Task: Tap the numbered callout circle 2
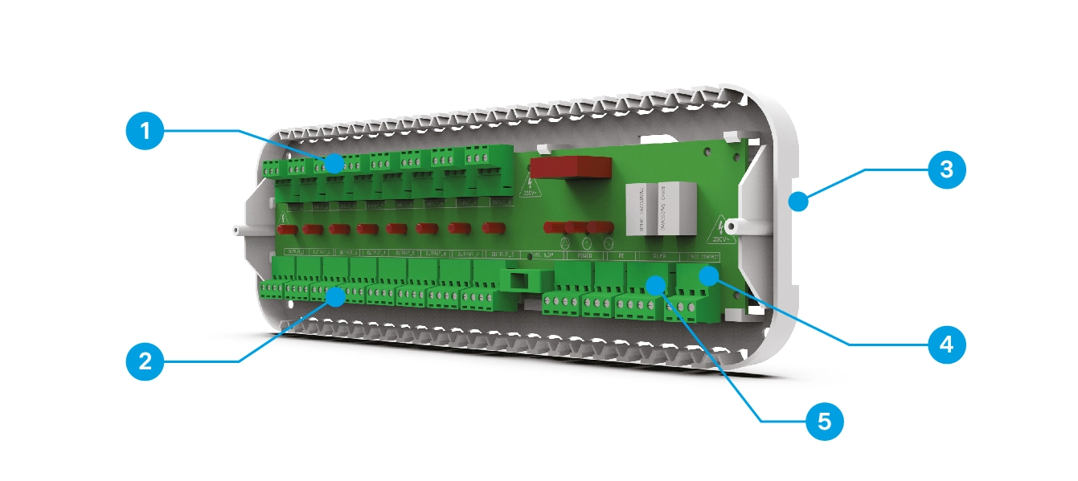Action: [x=145, y=361]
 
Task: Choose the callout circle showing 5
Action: [x=824, y=420]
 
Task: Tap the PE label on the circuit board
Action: [x=621, y=256]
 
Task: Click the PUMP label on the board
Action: [x=658, y=257]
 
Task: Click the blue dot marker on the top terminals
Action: [x=334, y=164]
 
